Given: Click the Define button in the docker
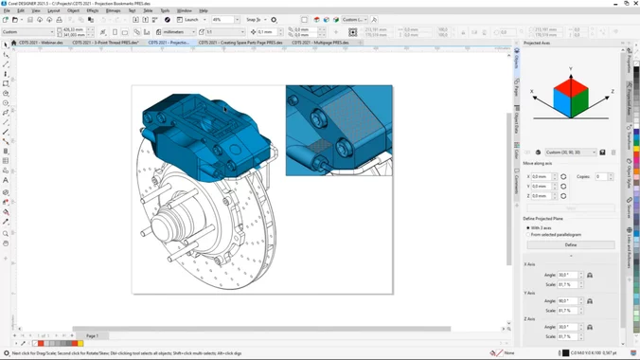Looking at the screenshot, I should pos(570,244).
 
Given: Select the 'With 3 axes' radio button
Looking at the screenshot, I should pos(528,227).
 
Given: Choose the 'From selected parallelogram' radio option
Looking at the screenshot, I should pos(528,234).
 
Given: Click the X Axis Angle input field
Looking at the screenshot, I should pos(567,276).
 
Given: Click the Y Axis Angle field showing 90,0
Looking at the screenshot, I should pos(567,301).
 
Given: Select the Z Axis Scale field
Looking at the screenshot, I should pos(567,336).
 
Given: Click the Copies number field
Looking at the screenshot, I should pos(601,176).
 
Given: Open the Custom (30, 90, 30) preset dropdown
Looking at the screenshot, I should pos(571,152).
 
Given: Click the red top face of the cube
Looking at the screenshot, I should pos(571,82).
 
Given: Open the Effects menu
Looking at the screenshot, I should pos(93,10).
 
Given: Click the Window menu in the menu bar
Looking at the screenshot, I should pos(185,10).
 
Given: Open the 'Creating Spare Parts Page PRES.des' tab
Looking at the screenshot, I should pos(240,43).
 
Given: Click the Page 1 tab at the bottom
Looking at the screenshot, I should pos(92,335).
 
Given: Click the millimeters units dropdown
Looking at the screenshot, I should pos(177,31).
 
